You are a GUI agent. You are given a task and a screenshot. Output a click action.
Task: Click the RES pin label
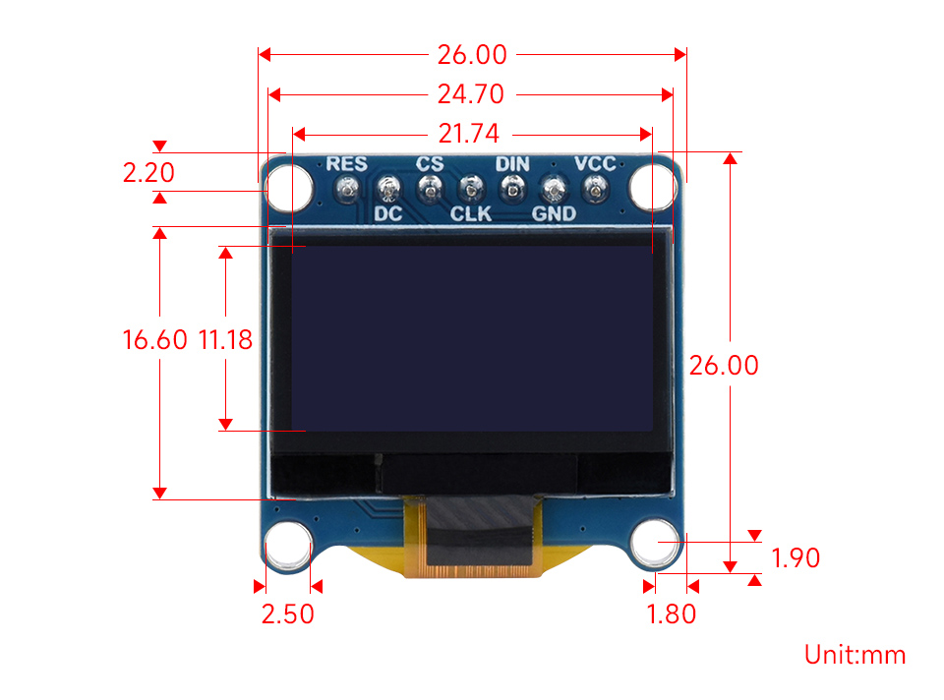click(x=346, y=164)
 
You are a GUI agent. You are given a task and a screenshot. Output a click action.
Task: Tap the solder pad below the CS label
click(x=430, y=188)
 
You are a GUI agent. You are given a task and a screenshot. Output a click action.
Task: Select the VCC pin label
click(x=595, y=164)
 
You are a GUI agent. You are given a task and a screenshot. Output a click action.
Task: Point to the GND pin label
click(x=553, y=212)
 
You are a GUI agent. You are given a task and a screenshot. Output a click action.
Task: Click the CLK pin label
click(x=471, y=212)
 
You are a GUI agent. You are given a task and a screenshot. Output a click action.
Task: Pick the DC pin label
click(x=387, y=212)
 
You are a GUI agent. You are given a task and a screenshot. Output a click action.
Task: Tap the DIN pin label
click(x=512, y=164)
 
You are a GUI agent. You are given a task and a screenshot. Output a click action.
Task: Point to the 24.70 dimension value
click(x=470, y=94)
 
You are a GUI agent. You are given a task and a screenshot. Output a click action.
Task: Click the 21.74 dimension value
click(x=470, y=133)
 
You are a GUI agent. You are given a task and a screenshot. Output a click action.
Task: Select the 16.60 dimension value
click(x=154, y=340)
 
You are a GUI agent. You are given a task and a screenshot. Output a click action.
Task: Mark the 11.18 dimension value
click(x=225, y=340)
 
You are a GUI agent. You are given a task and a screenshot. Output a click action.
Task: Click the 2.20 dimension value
click(x=148, y=173)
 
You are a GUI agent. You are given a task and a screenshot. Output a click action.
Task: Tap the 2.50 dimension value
click(x=287, y=614)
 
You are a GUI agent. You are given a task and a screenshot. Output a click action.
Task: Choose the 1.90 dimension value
click(x=796, y=558)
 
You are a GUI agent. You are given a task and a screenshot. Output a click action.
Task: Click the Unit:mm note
click(x=855, y=655)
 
